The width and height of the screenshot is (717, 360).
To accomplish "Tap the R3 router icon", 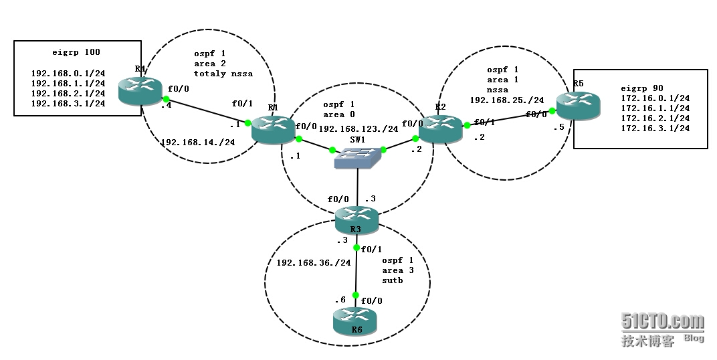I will tap(357, 219).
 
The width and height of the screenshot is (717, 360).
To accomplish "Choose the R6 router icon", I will tap(354, 321).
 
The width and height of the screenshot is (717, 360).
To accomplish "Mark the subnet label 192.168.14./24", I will tap(197, 142).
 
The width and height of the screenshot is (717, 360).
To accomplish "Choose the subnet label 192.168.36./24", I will tap(314, 262).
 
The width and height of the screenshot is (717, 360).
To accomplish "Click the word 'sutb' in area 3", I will tap(393, 280).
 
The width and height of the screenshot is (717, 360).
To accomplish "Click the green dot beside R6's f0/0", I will tap(356, 295).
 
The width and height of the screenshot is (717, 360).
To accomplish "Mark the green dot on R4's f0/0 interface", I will tap(165, 100).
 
